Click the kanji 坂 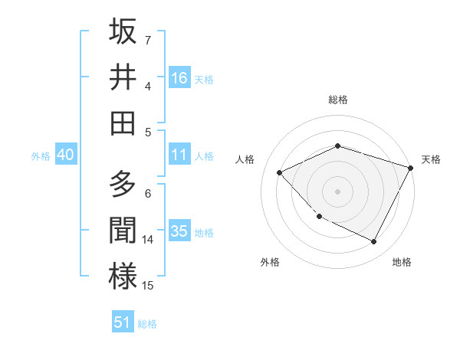point(123,31)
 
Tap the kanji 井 point(123,77)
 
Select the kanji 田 point(123,123)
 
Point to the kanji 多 point(123,185)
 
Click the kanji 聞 point(123,231)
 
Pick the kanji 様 point(123,277)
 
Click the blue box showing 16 point(179,77)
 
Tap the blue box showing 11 point(179,155)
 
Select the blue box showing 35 point(179,231)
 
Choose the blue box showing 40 point(65,155)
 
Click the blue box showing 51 point(123,322)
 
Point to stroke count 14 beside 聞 point(148,240)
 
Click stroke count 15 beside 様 point(148,286)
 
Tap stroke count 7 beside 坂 point(148,40)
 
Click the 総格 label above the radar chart point(337,100)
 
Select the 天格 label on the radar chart point(431,159)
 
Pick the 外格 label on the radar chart point(270,262)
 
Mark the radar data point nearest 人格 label point(280,172)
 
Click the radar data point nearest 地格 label point(373,242)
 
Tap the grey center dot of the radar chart point(337,191)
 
